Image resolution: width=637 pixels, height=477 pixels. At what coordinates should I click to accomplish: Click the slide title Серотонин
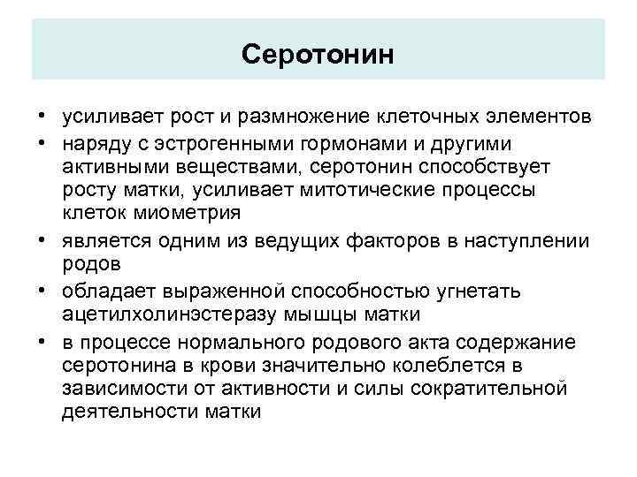(317, 55)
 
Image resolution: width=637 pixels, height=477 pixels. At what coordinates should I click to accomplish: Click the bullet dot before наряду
(42, 142)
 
